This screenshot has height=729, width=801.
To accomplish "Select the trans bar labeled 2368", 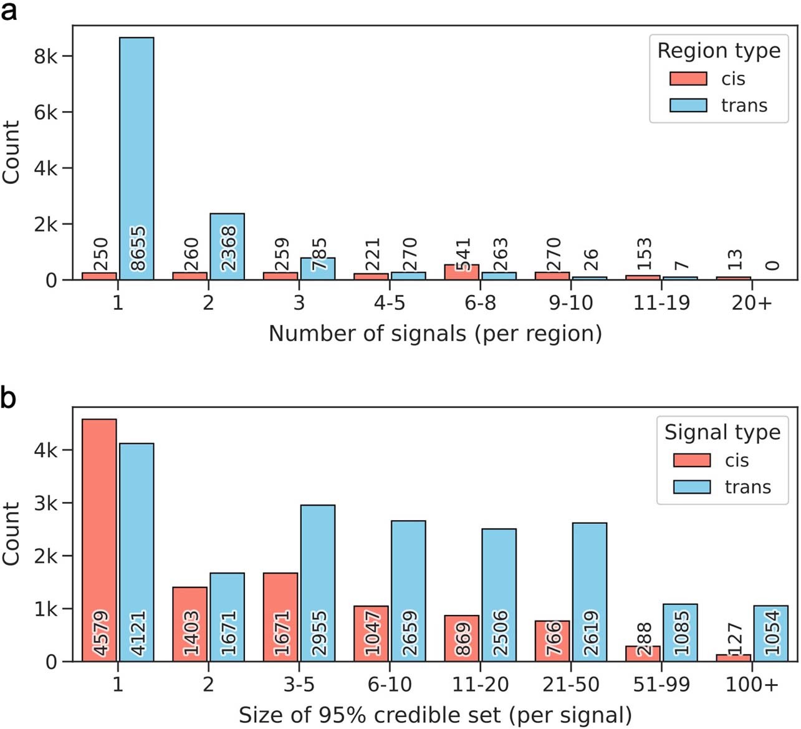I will (x=227, y=246).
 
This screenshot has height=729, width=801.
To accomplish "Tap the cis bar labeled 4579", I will (x=99, y=539).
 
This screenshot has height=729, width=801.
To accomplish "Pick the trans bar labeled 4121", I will (x=137, y=552).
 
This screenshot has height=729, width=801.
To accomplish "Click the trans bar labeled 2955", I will (x=318, y=582).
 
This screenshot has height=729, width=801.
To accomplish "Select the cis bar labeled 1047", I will (x=371, y=633).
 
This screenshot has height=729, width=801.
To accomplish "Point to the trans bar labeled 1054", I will (x=770, y=633).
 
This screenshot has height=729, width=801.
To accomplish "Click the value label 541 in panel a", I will (x=463, y=254).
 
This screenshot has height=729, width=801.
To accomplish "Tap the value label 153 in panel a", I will (x=645, y=254).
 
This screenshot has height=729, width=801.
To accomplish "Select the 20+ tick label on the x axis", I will (x=752, y=303).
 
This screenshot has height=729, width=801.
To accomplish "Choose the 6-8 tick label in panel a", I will (x=480, y=303).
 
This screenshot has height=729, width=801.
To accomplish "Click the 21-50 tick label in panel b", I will (x=570, y=685).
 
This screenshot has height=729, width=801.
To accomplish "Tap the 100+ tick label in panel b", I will (x=752, y=685).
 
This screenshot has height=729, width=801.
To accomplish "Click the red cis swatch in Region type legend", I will (x=688, y=79).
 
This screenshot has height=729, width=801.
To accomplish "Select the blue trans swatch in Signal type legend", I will (x=692, y=487).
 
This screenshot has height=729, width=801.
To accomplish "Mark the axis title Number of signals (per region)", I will (x=435, y=334).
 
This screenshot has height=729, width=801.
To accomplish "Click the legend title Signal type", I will (x=722, y=432).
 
